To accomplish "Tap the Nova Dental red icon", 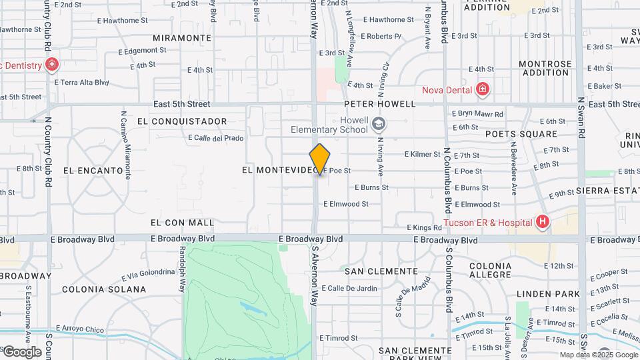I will click(483, 89).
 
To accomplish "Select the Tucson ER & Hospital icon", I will click(543, 222).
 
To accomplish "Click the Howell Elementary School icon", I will click(379, 124).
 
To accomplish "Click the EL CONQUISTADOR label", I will click(182, 121).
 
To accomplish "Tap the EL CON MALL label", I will click(183, 223).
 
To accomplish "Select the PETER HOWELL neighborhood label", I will click(380, 104).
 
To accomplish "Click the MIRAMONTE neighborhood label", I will click(182, 38).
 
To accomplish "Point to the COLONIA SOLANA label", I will click(103, 289).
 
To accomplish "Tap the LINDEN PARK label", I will click(548, 294).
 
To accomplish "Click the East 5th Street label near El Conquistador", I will click(181, 104).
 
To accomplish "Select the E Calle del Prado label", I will click(216, 138).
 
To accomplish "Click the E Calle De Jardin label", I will click(349, 289).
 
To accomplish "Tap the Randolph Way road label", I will click(181, 266).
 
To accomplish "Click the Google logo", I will click(23, 351).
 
